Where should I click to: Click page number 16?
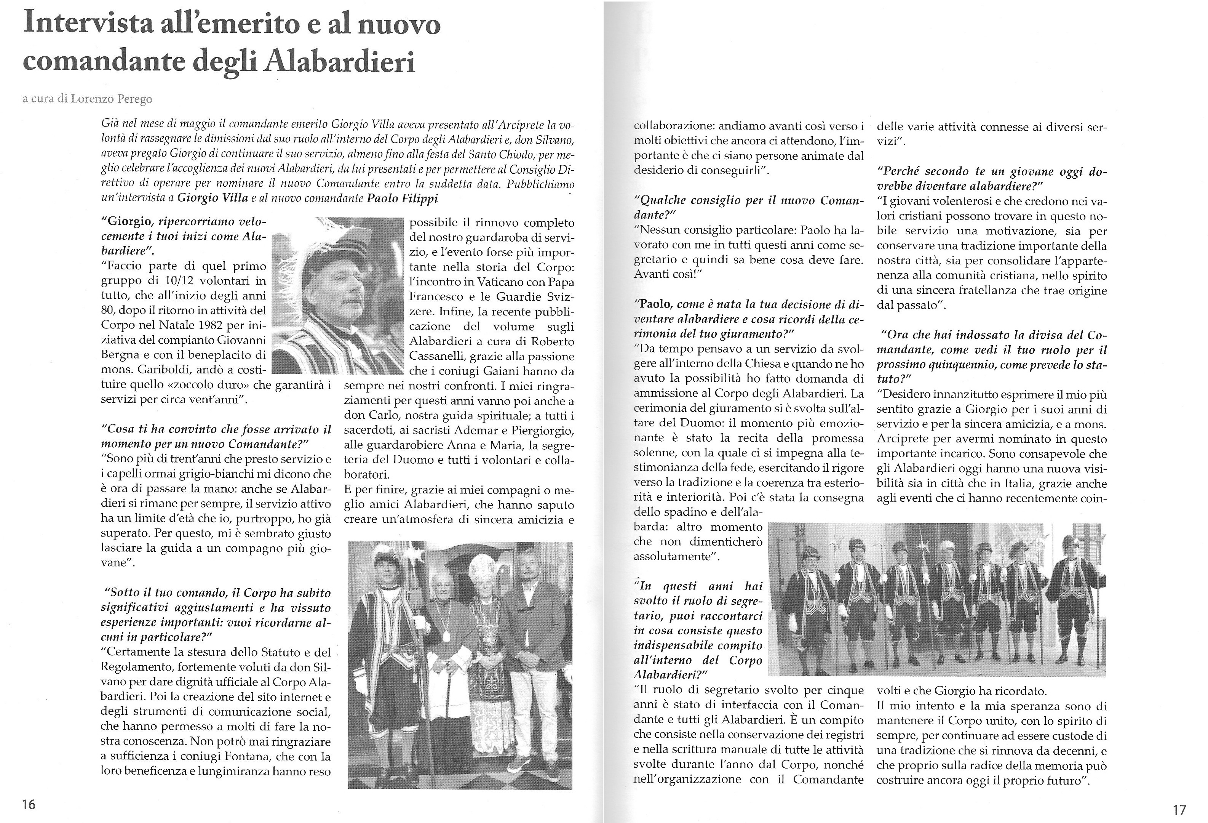(29, 804)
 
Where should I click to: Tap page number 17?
(1179, 810)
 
